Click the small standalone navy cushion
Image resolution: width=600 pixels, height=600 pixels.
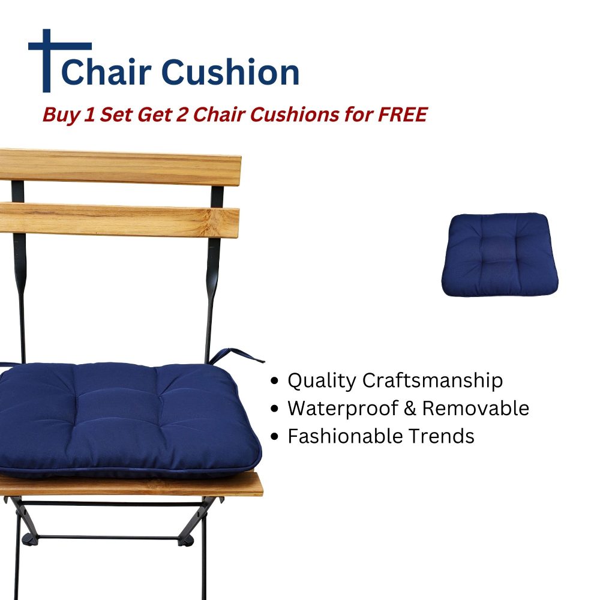pyautogui.click(x=500, y=254)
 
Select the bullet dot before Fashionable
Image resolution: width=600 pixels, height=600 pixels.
pyautogui.click(x=275, y=437)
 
